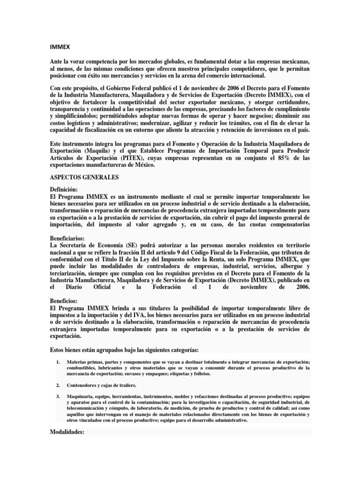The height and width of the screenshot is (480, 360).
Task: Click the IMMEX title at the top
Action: (58, 47)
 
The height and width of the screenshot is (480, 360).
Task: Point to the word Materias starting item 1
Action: (77, 362)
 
